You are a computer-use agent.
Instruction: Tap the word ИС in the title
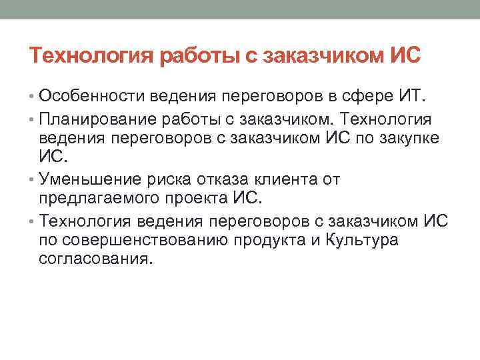(404, 55)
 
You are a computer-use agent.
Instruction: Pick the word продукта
(257, 240)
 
